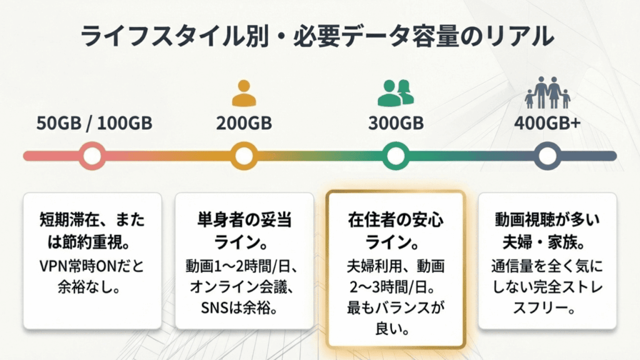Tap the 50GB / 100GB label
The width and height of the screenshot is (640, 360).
pos(94,122)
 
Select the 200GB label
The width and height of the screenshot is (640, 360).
pos(244,122)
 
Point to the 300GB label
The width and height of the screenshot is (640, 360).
pos(395,122)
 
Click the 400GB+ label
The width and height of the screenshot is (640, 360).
pos(547,122)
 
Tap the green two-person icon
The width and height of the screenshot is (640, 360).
pos(396,92)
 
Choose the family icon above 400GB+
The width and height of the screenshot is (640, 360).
pos(547,91)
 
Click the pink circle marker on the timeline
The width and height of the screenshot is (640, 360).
pos(92,156)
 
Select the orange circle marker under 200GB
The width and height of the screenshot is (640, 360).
pos(244,156)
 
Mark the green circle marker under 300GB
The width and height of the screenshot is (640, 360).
pos(395,156)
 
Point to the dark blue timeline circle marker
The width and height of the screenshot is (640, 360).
pos(547,156)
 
